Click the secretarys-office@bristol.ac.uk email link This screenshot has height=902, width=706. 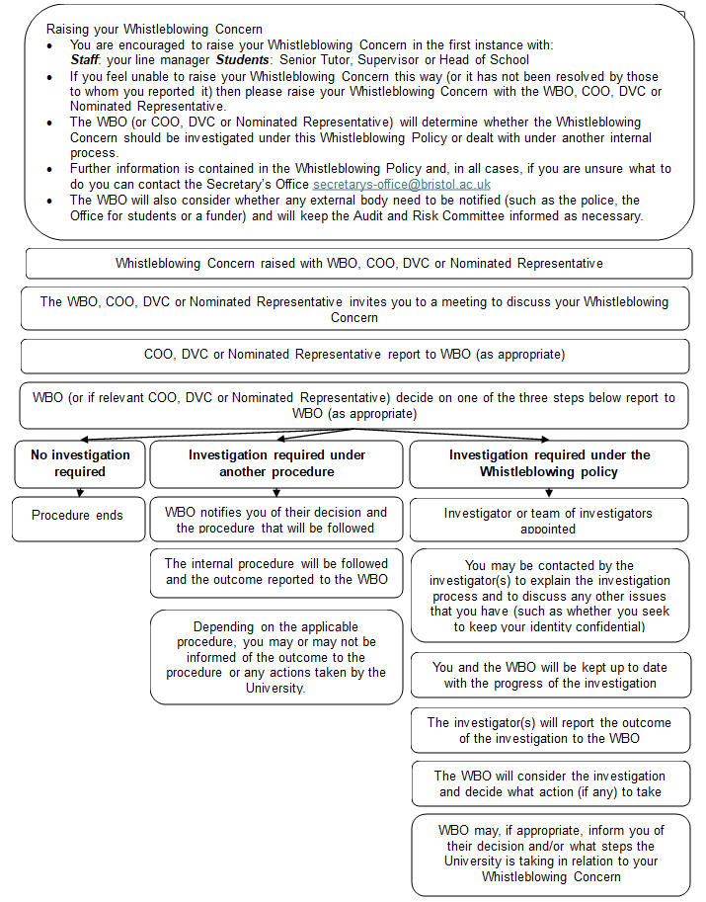point(402,185)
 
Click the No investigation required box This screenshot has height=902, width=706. point(80,463)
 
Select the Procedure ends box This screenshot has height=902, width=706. point(79,516)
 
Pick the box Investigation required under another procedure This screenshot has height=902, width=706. point(276,463)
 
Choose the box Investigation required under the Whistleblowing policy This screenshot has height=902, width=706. point(549,463)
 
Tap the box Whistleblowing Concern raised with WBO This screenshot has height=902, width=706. point(357,264)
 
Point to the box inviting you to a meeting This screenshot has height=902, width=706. point(354,309)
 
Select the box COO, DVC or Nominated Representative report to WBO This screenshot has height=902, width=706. point(354,355)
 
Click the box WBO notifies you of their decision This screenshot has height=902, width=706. point(276,520)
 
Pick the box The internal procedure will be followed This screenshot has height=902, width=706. point(276,572)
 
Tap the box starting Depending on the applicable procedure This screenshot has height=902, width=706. point(276,657)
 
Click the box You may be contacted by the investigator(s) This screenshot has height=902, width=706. point(550,596)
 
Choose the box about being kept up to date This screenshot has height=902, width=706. point(550,675)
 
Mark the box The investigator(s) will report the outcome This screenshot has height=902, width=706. point(550,730)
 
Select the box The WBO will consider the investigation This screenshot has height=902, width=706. point(550,783)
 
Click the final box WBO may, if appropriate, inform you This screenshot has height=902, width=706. point(550,854)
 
